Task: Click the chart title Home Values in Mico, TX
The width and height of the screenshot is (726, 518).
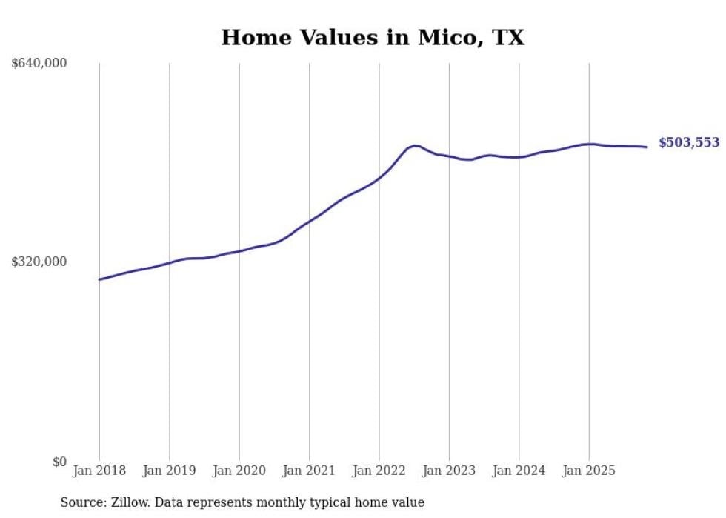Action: [372, 38]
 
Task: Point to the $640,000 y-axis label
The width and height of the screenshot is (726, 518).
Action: [39, 64]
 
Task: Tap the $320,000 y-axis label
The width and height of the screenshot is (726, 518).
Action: [39, 262]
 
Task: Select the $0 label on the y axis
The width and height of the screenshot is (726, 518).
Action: [59, 462]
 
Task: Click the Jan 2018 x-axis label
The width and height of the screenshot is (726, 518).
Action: [99, 471]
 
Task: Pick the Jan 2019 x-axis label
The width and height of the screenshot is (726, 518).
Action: [169, 471]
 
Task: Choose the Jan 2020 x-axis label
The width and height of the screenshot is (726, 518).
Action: [239, 471]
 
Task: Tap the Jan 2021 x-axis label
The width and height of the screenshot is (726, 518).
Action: [309, 471]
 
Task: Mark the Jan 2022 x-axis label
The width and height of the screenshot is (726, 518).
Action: [379, 471]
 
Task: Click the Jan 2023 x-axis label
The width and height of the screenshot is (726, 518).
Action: [449, 471]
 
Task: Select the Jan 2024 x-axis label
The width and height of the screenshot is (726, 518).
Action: [519, 471]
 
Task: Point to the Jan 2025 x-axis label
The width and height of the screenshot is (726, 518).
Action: [589, 471]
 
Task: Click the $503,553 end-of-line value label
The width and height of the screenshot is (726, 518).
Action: [689, 143]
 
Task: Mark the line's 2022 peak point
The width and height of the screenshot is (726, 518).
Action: [414, 145]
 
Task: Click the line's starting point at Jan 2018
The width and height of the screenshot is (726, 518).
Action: [99, 279]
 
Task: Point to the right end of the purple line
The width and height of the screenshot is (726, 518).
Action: [647, 147]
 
